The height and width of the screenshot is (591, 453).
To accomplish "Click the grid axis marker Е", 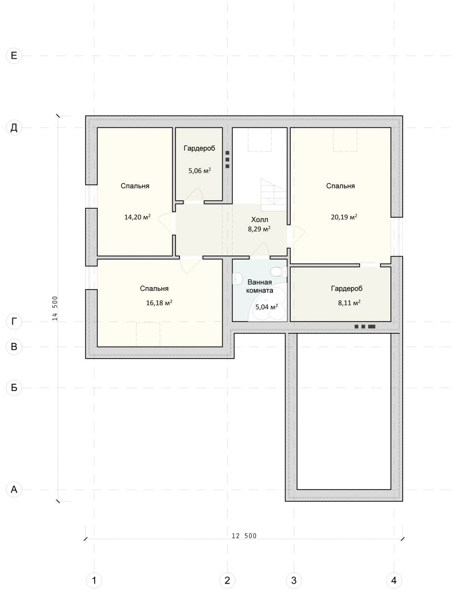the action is tap(14, 56).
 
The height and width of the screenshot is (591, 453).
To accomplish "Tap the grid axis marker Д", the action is tap(14, 128).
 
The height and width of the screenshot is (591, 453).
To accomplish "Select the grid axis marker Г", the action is tap(14, 322).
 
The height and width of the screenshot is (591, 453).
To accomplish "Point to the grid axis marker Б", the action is tap(14, 388).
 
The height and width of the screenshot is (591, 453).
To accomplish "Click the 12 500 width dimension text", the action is tap(244, 536).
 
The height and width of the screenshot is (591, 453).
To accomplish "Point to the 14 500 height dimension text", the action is tap(55, 308).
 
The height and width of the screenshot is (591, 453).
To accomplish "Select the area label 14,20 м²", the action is tap(138, 217).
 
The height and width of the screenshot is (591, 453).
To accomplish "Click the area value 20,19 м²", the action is tap(344, 217).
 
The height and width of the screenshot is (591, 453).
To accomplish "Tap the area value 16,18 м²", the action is tap(159, 302).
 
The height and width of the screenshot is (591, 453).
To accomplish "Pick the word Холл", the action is tap(260, 220).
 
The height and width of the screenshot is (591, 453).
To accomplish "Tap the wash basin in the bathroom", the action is tap(237, 278).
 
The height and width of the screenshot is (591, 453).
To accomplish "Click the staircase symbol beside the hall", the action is tap(274, 195).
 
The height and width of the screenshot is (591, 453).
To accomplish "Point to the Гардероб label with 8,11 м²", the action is tap(347, 288).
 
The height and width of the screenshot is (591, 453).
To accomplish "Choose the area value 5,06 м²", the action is tap(200, 170).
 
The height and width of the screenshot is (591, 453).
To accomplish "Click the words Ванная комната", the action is tap(260, 286).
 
